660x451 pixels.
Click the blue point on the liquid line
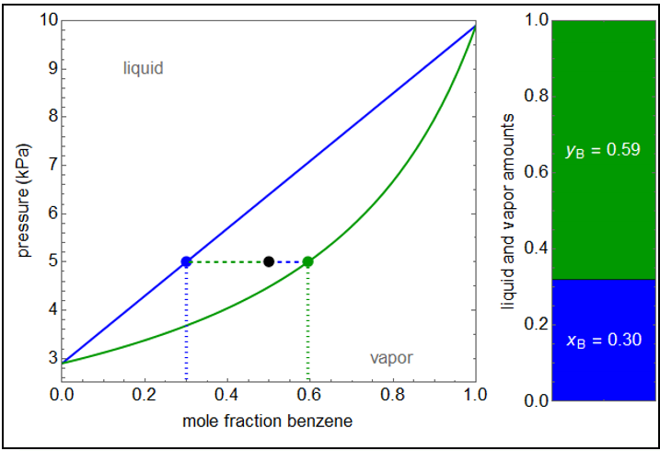pyautogui.click(x=186, y=261)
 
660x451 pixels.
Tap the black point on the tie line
pyautogui.click(x=269, y=261)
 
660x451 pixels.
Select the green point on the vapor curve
pyautogui.click(x=308, y=261)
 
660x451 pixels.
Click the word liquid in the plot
pyautogui.click(x=144, y=68)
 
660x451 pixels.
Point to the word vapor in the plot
pyautogui.click(x=391, y=358)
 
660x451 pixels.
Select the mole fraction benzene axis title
pyautogui.click(x=268, y=422)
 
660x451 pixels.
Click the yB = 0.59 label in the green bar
pyautogui.click(x=603, y=148)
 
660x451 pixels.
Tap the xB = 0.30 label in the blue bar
pyautogui.click(x=603, y=341)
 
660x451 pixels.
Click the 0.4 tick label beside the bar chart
pyautogui.click(x=534, y=248)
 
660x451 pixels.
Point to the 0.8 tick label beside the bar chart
pyautogui.click(x=534, y=96)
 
